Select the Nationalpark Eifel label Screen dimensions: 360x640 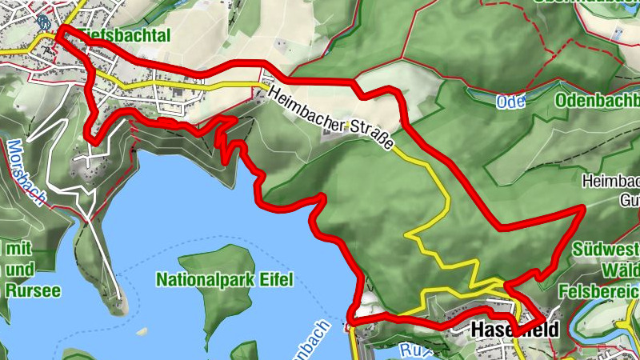pyautogui.click(x=225, y=280)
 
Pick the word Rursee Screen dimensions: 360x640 pyautogui.click(x=33, y=291)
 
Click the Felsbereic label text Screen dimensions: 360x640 pyautogui.click(x=601, y=290)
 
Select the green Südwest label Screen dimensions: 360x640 pyautogui.click(x=606, y=249)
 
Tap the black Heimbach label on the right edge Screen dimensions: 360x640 pyautogui.click(x=613, y=181)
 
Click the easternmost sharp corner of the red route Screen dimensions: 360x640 pyautogui.click(x=583, y=207)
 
